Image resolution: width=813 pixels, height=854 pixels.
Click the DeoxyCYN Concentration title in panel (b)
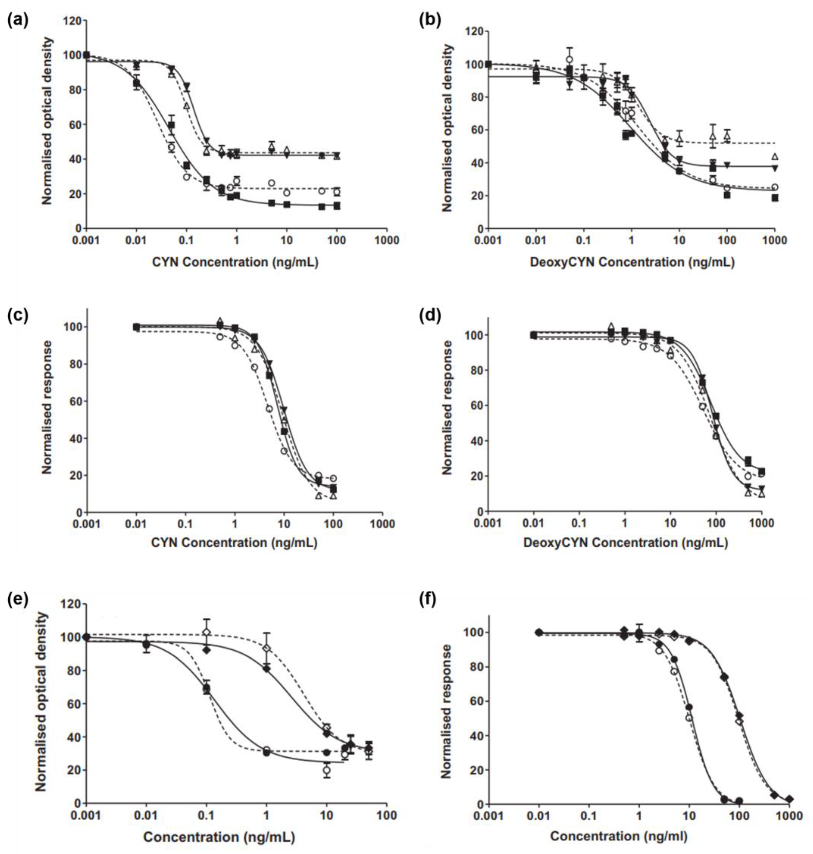click(632, 262)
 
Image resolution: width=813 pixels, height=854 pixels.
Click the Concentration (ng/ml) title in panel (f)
click(619, 836)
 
